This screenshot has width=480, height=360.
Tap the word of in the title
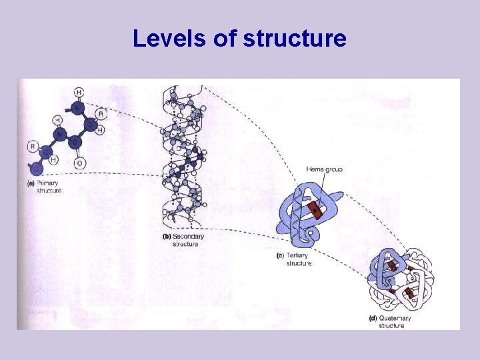pyautogui.click(x=224, y=39)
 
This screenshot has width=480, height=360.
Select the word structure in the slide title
pyautogui.click(x=295, y=39)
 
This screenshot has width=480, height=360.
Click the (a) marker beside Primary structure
pyautogui.click(x=30, y=183)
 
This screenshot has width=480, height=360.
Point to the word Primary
pyautogui.click(x=48, y=183)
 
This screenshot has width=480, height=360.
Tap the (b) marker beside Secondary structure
pyautogui.click(x=167, y=236)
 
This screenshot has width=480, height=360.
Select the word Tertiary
pyautogui.click(x=297, y=255)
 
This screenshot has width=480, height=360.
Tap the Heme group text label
pyautogui.click(x=324, y=169)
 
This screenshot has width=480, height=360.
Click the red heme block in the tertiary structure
pyautogui.click(x=315, y=212)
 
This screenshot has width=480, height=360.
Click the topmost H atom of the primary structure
pyautogui.click(x=79, y=91)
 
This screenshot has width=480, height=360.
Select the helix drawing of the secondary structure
pyautogui.click(x=181, y=160)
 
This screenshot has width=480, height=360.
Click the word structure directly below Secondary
pyautogui.click(x=185, y=244)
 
